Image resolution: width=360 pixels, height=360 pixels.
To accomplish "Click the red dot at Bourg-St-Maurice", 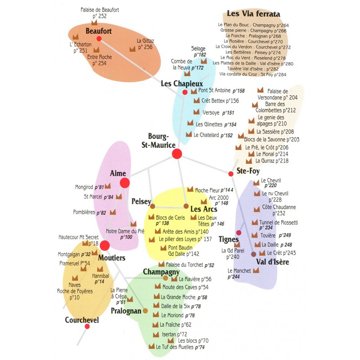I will click(x=177, y=154).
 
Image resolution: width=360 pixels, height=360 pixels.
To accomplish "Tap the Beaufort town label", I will click(x=98, y=31).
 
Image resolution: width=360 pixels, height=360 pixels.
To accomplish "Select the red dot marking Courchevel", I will click(x=87, y=326).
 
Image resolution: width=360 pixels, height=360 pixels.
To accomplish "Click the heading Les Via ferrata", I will click(x=253, y=14).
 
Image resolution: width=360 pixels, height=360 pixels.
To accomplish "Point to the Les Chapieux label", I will click(x=182, y=84).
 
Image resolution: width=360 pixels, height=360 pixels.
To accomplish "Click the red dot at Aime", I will click(x=125, y=183).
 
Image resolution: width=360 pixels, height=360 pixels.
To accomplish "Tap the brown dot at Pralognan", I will click(x=146, y=311).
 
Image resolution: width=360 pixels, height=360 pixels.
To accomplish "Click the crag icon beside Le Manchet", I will click(x=256, y=270).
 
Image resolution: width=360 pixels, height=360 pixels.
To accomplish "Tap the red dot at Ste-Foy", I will click(x=231, y=174).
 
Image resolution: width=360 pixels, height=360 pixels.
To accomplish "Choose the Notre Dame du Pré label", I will click(x=125, y=231).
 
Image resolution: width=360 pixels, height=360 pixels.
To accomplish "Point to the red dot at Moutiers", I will click(x=104, y=245).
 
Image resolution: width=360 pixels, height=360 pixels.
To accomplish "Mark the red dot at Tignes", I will click(x=239, y=233).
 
